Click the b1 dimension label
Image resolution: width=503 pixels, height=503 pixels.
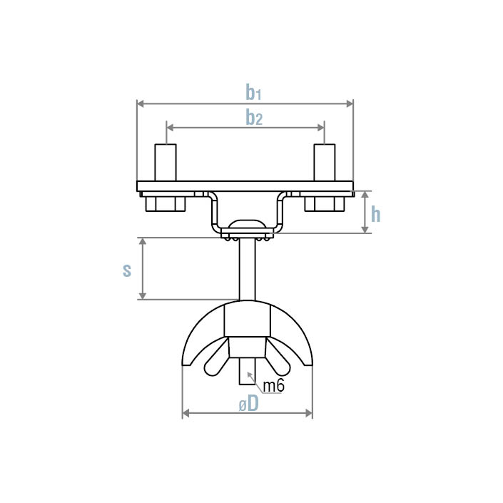click(x=254, y=93)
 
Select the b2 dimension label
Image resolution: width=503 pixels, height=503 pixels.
click(x=254, y=117)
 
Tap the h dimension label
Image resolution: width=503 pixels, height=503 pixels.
click(x=375, y=213)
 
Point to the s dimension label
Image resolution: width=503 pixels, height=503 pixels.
click(x=127, y=270)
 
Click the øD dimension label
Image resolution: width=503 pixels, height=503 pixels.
click(x=248, y=404)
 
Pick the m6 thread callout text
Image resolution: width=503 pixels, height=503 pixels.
click(x=274, y=386)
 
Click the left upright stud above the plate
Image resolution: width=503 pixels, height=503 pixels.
click(x=166, y=162)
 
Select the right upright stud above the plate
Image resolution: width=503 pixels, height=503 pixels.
click(x=325, y=162)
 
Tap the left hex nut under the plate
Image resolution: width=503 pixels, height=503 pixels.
click(x=166, y=204)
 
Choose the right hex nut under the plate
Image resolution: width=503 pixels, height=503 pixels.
click(x=325, y=204)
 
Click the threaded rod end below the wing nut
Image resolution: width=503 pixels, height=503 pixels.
click(x=246, y=377)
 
